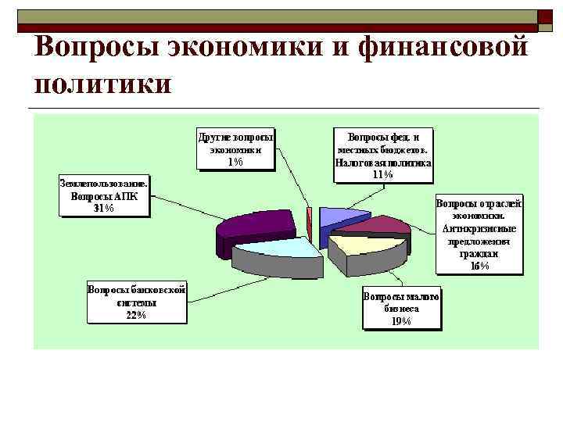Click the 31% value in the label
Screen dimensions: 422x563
104,209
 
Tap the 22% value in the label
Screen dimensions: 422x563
136,315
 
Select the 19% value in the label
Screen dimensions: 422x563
401,321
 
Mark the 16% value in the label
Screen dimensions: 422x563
479,266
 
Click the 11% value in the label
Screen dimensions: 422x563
383,175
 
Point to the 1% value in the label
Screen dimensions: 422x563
235,162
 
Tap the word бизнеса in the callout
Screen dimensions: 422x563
401,309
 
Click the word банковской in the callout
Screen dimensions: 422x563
159,289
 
